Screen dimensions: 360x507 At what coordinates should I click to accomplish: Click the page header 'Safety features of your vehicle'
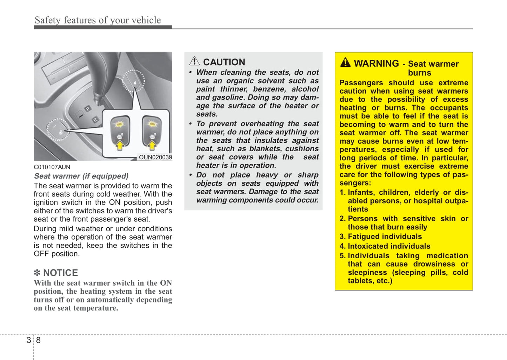98,20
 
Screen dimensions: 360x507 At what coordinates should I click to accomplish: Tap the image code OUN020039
155,157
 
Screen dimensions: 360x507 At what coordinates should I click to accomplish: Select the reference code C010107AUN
52,167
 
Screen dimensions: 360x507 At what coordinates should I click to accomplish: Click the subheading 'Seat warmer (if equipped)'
81,176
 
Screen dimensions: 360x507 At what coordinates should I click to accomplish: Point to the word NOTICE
60,273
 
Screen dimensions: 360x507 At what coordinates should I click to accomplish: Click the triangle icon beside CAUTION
194,61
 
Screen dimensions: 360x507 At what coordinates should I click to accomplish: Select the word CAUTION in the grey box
224,62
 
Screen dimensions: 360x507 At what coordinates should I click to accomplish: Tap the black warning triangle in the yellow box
345,62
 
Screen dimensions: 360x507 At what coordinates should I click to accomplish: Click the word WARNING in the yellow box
376,64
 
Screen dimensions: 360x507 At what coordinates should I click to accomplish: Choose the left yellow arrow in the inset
120,145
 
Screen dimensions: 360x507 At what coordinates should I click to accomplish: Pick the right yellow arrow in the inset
152,145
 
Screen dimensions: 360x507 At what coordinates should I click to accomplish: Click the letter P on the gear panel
88,109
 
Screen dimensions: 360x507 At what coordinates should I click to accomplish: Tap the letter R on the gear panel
95,120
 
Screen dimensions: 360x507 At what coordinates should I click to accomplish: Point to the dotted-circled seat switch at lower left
58,130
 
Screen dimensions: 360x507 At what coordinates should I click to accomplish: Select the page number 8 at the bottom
38,340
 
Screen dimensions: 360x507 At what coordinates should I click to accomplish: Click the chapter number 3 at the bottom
29,340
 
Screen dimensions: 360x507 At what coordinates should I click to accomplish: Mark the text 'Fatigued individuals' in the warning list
385,237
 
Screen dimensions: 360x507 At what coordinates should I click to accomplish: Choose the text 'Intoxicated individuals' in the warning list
389,246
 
